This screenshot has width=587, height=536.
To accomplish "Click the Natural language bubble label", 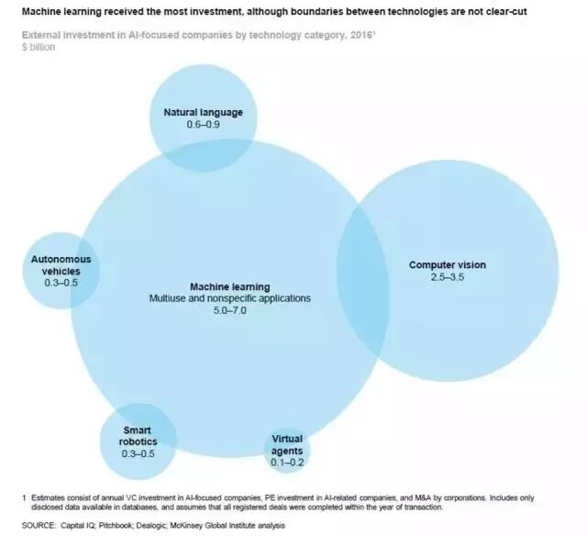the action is (203, 113).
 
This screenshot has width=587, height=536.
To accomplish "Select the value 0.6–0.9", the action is (203, 125).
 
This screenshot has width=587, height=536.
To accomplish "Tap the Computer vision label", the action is (448, 265).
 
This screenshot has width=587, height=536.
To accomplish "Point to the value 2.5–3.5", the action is (448, 277).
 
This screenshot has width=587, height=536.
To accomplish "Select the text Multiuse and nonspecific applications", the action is (230, 299).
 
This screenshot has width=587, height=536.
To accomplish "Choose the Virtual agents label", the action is (287, 445).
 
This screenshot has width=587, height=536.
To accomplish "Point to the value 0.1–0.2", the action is (287, 463).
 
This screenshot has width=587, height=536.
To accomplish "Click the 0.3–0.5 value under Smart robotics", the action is (137, 452).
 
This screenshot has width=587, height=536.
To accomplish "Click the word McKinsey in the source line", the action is (199, 525).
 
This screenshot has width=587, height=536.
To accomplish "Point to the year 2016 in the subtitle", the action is (303, 36).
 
